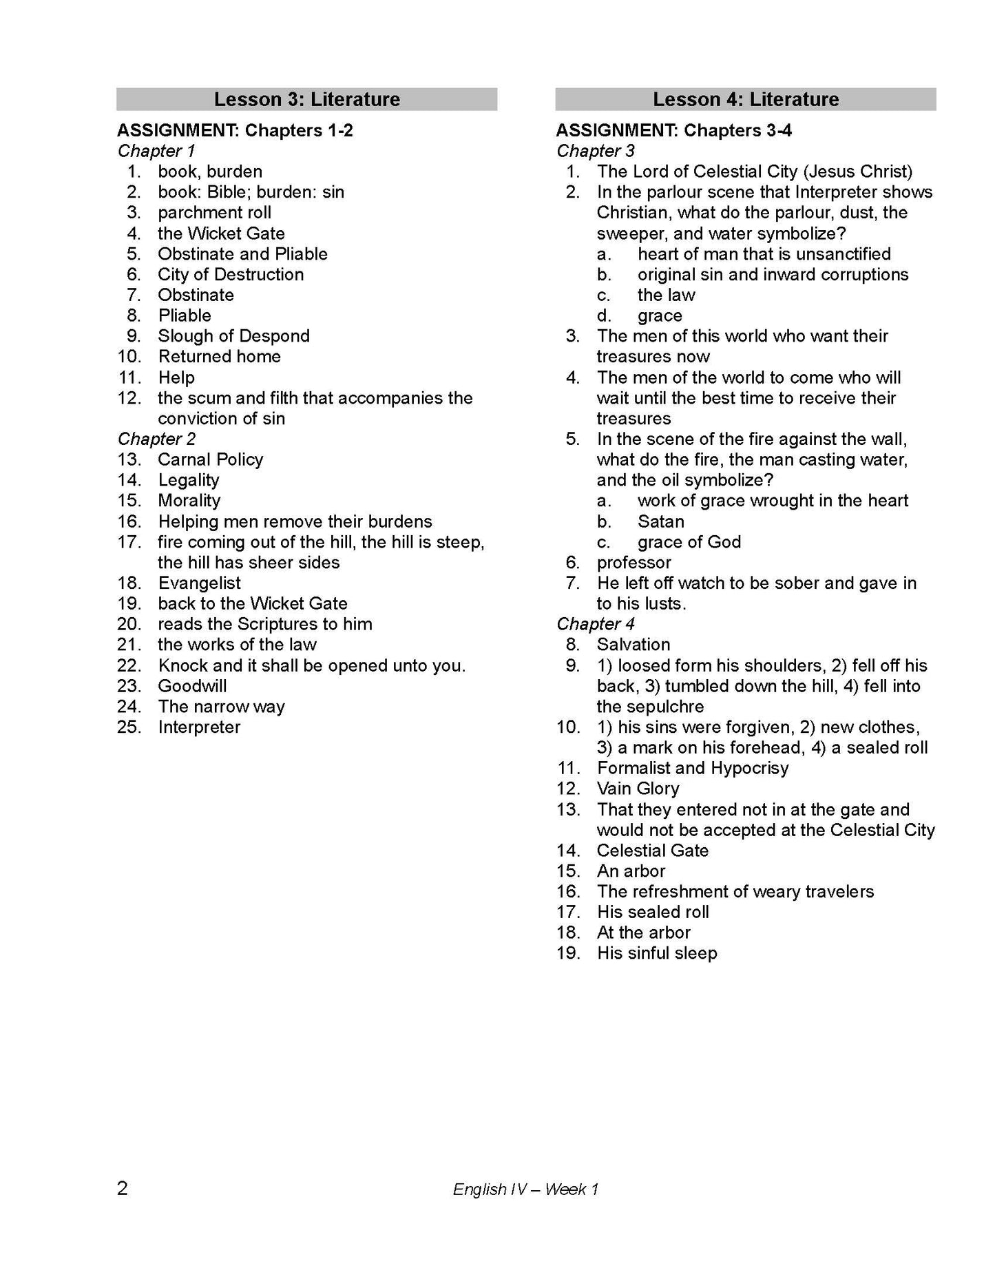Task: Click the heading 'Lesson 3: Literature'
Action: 306,99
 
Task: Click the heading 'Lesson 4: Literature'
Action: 745,99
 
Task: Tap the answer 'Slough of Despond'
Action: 233,336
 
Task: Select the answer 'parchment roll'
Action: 214,213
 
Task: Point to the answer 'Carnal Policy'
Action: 210,459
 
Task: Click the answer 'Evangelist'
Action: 199,583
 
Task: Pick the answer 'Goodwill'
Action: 192,686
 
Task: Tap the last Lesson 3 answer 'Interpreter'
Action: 199,727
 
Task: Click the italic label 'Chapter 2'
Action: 156,439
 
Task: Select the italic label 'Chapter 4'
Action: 595,624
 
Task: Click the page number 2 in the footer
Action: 123,1189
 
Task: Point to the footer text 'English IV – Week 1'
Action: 525,1190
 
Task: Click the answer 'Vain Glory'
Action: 638,789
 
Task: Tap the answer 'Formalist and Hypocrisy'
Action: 692,768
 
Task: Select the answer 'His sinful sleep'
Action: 656,953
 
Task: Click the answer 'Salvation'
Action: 633,645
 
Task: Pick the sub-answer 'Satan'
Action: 660,521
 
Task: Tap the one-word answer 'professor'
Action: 633,563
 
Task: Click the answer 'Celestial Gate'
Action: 652,851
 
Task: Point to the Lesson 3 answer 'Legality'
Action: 189,480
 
